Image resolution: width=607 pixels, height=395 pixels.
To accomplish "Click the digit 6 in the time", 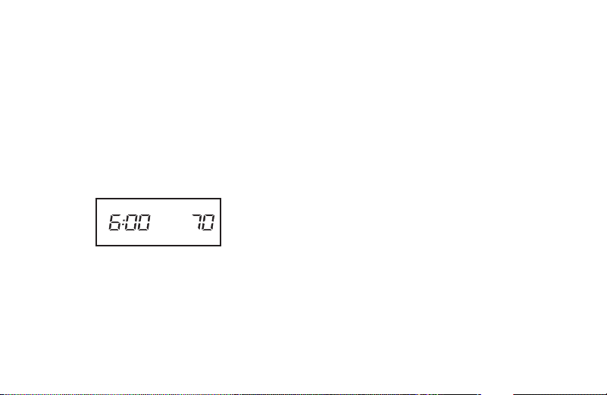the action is point(114,222).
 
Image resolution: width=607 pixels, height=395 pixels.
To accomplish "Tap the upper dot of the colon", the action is point(124,219).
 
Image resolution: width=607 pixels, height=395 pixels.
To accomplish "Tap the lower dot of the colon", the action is point(123,226).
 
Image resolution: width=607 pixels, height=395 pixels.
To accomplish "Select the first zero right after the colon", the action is point(131,222).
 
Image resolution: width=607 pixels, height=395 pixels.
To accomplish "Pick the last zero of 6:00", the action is point(144,222).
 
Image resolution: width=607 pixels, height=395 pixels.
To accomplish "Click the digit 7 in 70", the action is point(198,222).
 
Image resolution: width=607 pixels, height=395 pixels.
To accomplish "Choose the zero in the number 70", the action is point(208,222).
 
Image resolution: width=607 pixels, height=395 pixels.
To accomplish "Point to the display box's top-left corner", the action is point(96,199).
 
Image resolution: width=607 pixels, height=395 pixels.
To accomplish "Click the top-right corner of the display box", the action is point(221,199).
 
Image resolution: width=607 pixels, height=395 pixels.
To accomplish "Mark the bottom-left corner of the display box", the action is point(96,246).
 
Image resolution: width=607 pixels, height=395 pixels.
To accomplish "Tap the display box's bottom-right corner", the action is point(221,246).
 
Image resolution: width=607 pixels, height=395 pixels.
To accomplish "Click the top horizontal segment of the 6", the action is point(116,215).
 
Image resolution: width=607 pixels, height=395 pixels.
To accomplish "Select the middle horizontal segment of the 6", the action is point(114,222).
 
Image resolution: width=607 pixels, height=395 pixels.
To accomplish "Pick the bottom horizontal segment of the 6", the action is point(114,230).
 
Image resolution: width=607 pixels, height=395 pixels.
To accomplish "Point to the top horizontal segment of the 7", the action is point(199,215).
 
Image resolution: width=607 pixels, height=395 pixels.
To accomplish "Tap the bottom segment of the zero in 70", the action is point(207,230).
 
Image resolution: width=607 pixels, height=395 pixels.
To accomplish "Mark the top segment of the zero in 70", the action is point(210,215).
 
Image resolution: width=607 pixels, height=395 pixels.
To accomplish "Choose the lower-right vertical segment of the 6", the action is point(118,226).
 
